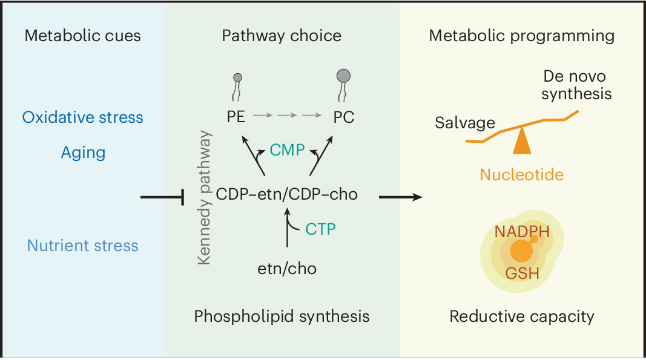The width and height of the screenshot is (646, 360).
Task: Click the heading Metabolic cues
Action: [x=82, y=36]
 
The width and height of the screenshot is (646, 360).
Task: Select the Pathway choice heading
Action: [x=282, y=36]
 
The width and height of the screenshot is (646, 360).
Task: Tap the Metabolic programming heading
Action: [x=521, y=36]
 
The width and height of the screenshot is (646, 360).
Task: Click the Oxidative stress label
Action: [x=83, y=117]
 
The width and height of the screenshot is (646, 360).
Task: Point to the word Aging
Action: [x=83, y=152]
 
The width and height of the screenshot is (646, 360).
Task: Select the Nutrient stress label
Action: [x=83, y=246]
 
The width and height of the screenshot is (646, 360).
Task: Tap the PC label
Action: [x=343, y=117]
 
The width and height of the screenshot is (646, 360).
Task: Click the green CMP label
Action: [x=288, y=150]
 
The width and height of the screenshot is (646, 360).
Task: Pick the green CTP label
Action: [x=320, y=229]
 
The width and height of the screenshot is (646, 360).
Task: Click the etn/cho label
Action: [x=287, y=267]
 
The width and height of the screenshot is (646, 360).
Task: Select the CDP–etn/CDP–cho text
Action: [x=287, y=195]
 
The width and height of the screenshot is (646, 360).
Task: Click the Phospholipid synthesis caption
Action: [x=282, y=316]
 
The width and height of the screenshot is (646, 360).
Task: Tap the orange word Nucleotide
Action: [x=521, y=175]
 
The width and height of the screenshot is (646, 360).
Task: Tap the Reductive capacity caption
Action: [x=521, y=316]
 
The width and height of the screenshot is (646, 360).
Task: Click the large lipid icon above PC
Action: [x=343, y=76]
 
